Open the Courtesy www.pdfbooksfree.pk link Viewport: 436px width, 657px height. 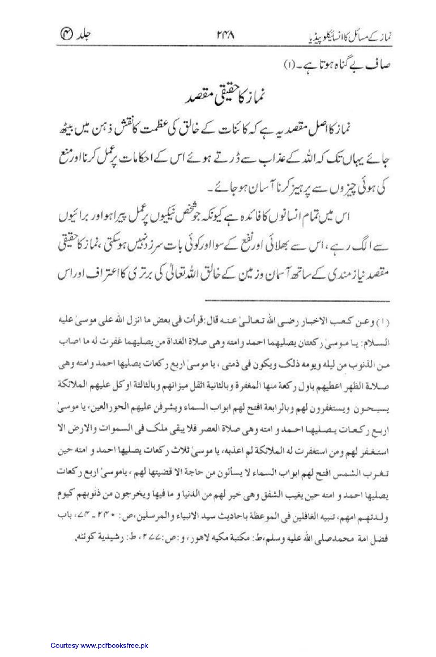click(99, 645)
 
